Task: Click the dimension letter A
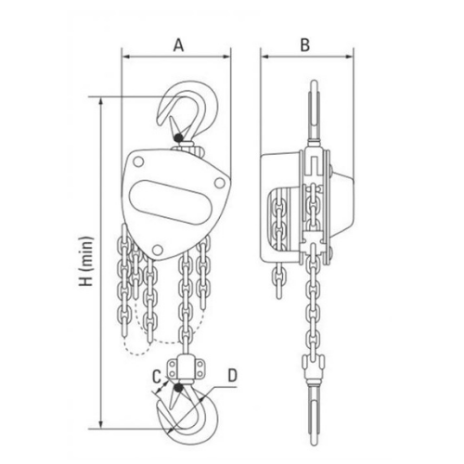click(x=178, y=45)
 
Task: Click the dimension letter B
click(x=305, y=45)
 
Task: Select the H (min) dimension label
click(x=87, y=262)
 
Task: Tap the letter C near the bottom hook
click(x=157, y=377)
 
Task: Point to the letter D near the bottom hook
click(x=232, y=375)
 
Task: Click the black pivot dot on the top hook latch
click(x=178, y=137)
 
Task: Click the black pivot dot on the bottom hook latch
click(x=178, y=387)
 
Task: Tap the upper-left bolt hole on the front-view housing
click(x=138, y=161)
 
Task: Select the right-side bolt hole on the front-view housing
click(x=220, y=183)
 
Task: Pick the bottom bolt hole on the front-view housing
click(x=158, y=250)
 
